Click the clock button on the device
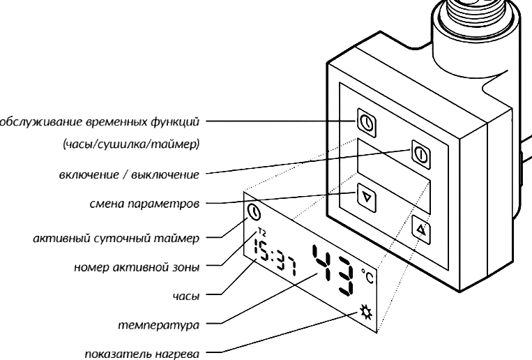tap(367, 123)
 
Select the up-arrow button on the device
tap(421, 227)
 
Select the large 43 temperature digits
tap(335, 271)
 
